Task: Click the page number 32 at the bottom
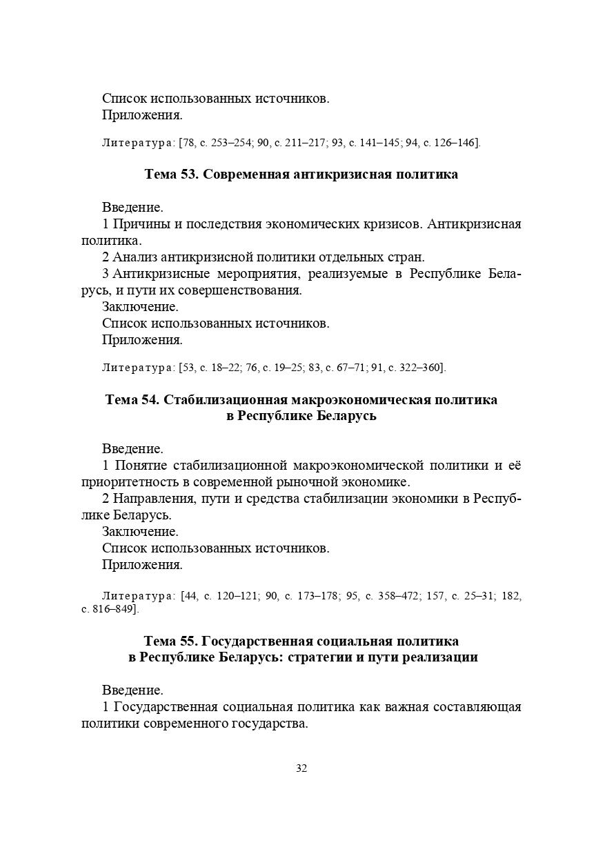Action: [301, 768]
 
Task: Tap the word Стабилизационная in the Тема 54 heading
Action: [226, 399]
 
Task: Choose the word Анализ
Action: [134, 257]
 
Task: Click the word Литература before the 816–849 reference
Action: [138, 595]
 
